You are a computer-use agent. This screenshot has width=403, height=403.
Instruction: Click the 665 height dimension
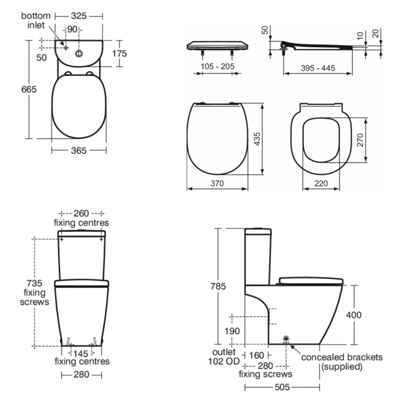[x=12, y=89]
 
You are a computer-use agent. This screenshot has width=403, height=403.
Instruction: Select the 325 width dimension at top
[x=79, y=14]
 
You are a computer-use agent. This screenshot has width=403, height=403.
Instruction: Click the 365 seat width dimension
[x=78, y=150]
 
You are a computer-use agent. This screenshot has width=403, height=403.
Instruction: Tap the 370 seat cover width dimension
[x=216, y=184]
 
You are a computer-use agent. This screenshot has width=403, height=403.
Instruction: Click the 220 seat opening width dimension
[x=320, y=184]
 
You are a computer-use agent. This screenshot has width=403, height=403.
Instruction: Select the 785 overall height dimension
[x=219, y=287]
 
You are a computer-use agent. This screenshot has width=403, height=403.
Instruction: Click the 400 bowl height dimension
[x=353, y=315]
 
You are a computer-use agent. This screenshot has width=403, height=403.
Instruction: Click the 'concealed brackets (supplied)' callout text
[x=342, y=361]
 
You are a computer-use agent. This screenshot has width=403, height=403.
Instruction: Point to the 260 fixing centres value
[x=81, y=213]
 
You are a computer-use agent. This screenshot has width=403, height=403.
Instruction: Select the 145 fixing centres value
[x=81, y=353]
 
